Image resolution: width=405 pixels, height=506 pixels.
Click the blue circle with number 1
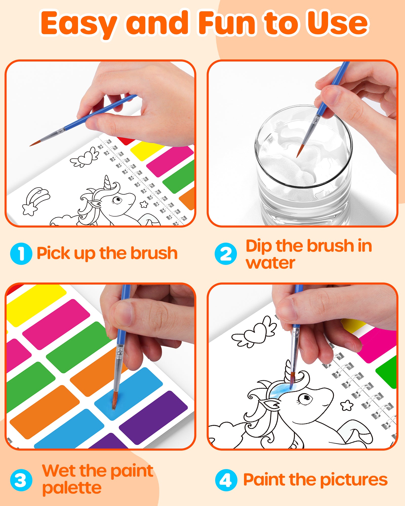coord(21,254)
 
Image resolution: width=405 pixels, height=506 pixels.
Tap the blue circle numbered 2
coord(226,254)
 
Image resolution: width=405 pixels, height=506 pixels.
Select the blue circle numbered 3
coord(21,480)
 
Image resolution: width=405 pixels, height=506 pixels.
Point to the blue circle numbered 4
coord(226,480)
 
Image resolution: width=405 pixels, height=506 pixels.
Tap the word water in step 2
coord(270,263)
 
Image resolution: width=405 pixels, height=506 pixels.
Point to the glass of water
coord(304,167)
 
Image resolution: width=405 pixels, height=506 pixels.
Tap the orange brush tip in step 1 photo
coord(34,144)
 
